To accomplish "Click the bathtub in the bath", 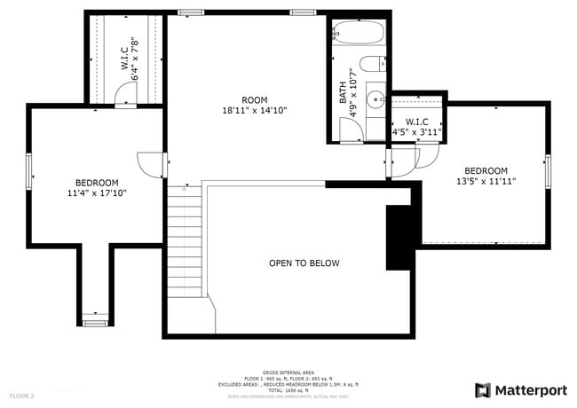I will (x=360, y=35).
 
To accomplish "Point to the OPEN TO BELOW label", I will (x=304, y=263).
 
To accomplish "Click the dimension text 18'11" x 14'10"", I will (x=254, y=111).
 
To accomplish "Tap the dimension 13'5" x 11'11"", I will (x=486, y=181).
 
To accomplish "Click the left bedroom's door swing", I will (x=149, y=163).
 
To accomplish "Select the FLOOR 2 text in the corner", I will (x=22, y=395).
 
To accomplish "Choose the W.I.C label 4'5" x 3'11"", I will (x=416, y=127).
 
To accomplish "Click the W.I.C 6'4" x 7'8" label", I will (x=130, y=59).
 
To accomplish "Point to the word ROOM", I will (x=254, y=100).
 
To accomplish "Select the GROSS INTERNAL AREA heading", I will (x=288, y=373).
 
